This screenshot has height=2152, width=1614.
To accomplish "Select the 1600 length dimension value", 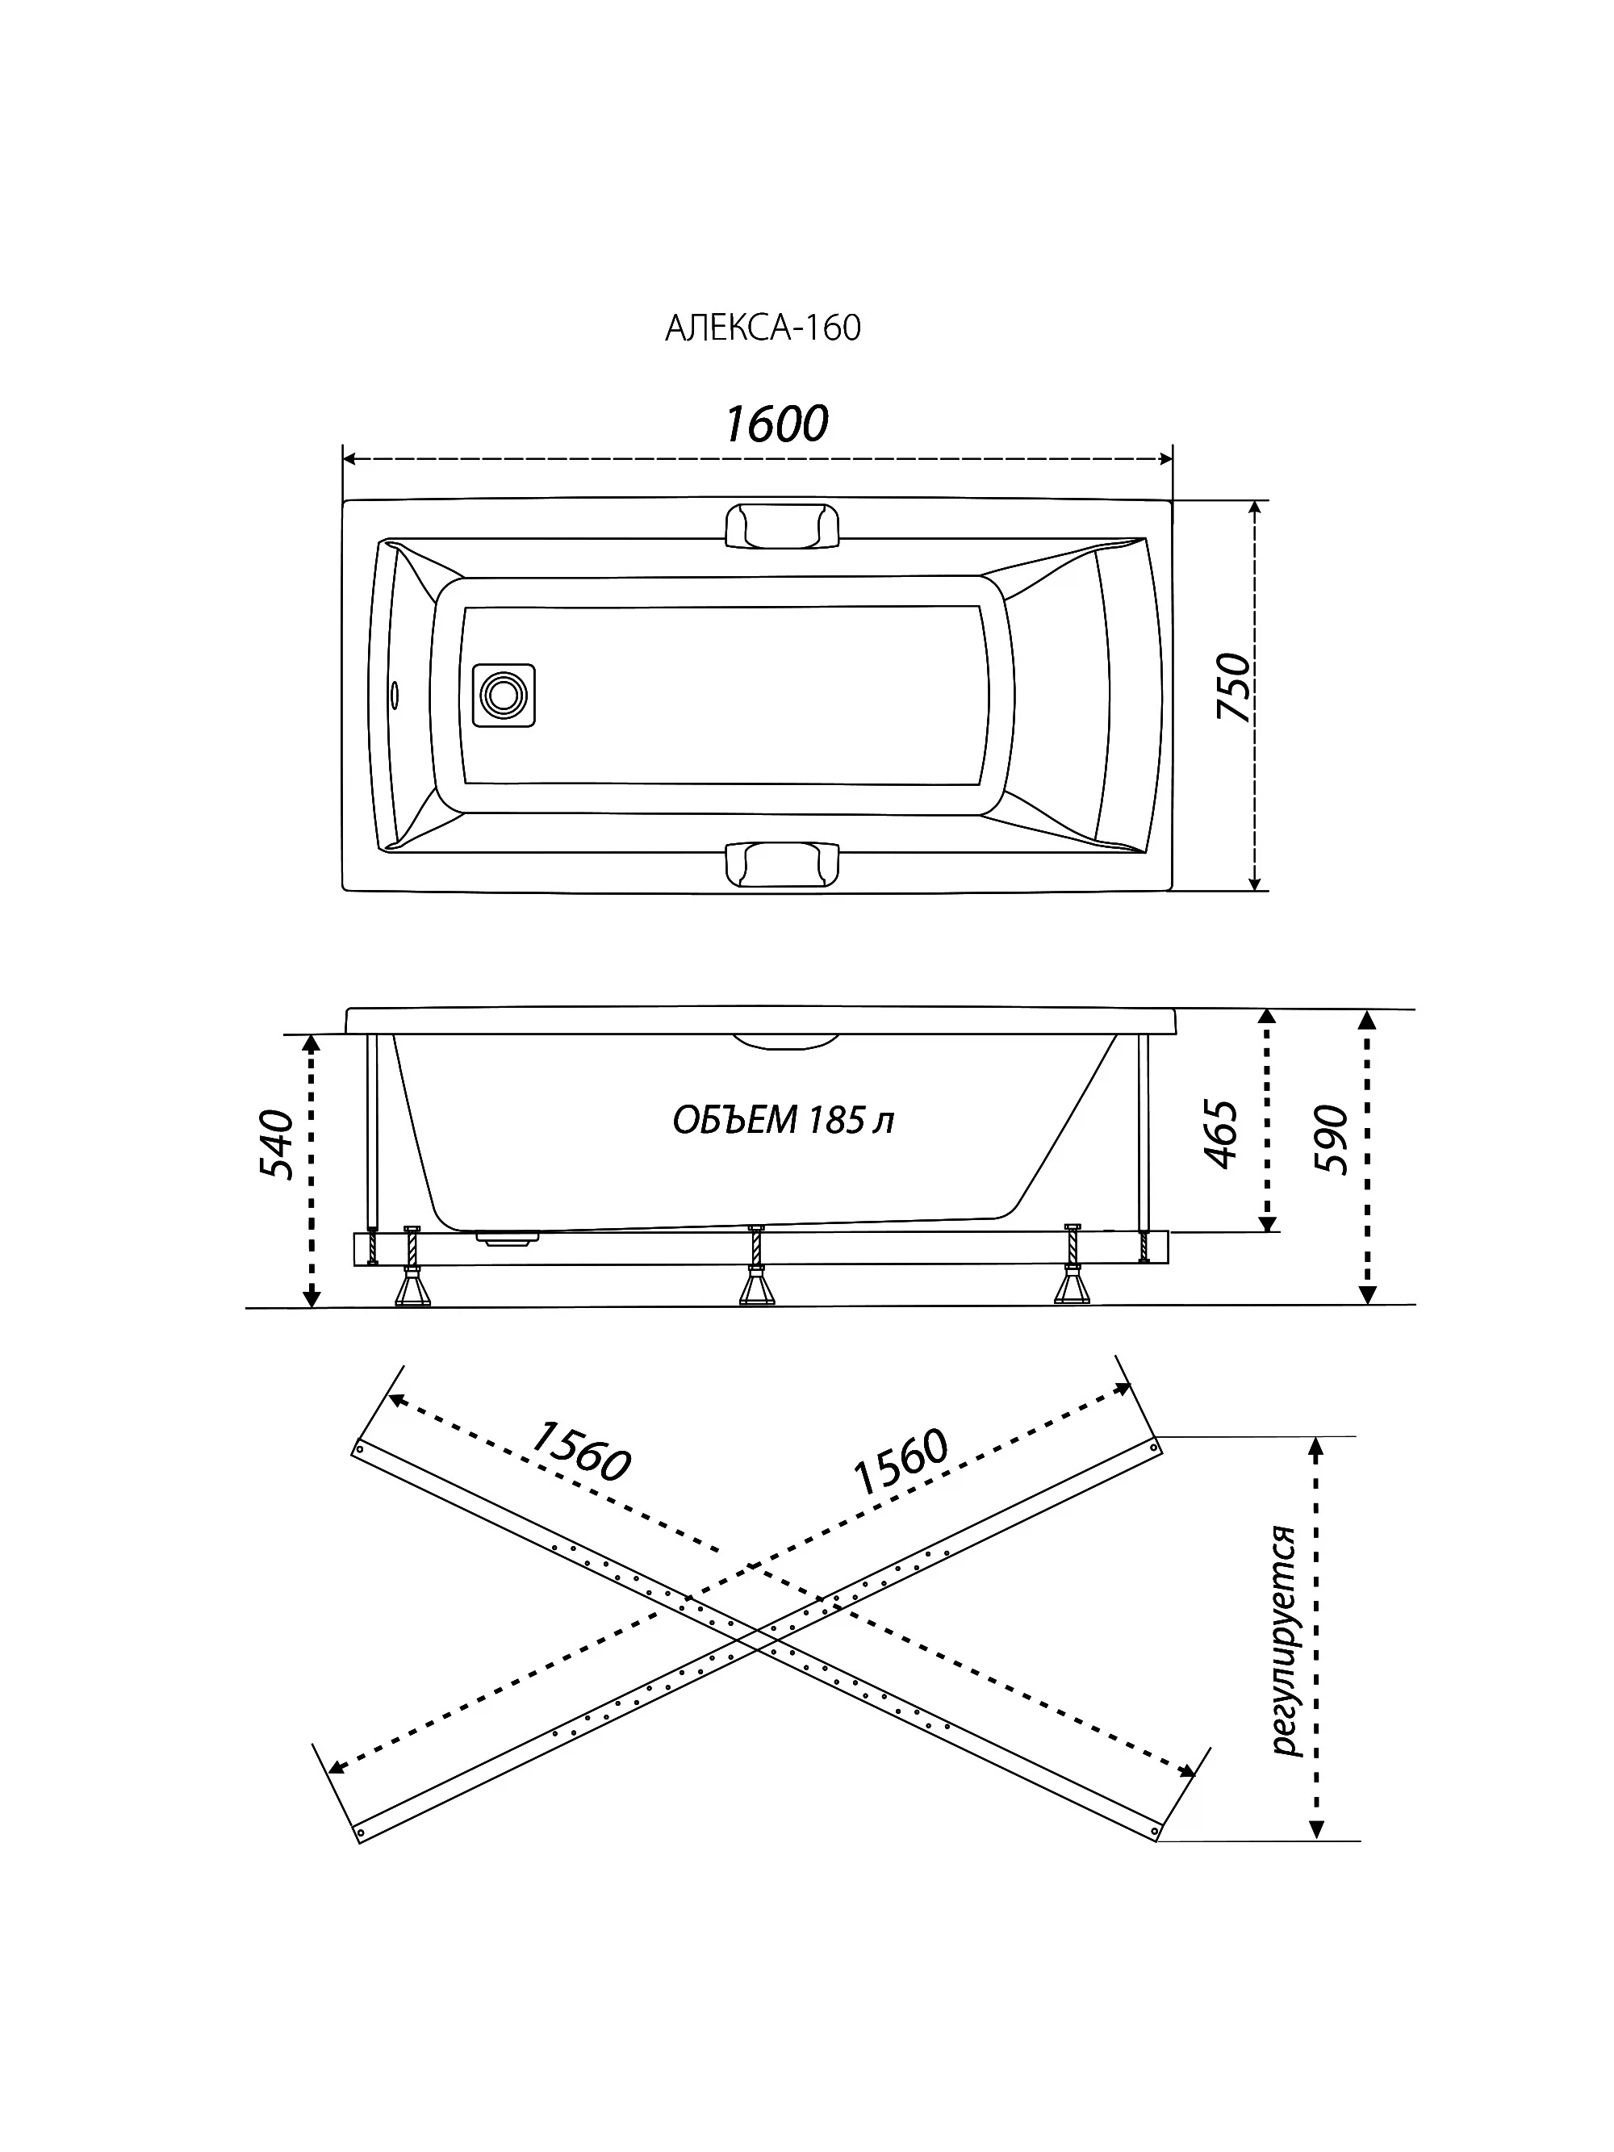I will pyautogui.click(x=776, y=424).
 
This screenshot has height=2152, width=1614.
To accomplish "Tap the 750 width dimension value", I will pyautogui.click(x=1234, y=687).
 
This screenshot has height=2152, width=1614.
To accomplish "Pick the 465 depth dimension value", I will pyautogui.click(x=1221, y=1134).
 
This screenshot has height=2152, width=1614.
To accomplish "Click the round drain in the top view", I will pyautogui.click(x=503, y=695).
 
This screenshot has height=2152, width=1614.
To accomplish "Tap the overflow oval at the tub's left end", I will pyautogui.click(x=395, y=695).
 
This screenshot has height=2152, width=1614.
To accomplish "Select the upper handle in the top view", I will pyautogui.click(x=781, y=526).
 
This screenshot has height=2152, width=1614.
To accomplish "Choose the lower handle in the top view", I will pyautogui.click(x=781, y=864).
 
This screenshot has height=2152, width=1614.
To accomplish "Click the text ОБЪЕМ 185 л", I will pyautogui.click(x=783, y=1121).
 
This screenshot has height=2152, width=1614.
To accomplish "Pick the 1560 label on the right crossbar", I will pyautogui.click(x=900, y=1461).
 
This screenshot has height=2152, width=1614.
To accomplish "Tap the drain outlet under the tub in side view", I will pyautogui.click(x=507, y=1239).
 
